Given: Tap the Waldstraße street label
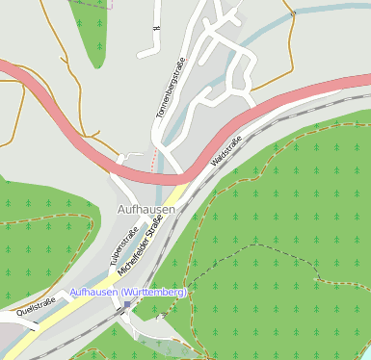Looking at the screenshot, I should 225,154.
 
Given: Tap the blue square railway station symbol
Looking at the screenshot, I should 126,305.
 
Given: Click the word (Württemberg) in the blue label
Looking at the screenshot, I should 154,292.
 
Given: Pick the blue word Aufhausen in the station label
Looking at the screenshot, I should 93,292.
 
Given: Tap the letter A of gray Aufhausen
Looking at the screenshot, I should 120,208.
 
